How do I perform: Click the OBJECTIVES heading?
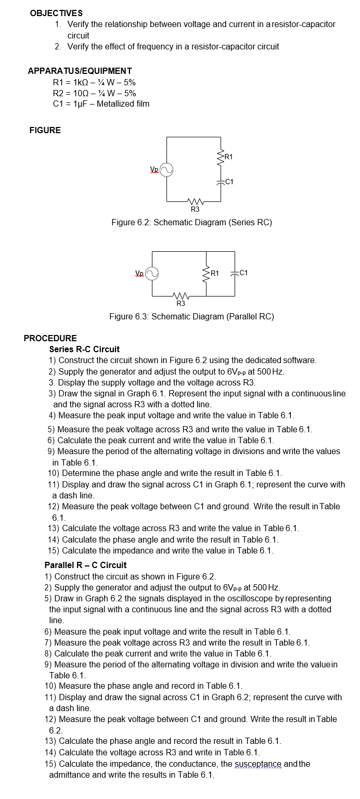click(x=56, y=12)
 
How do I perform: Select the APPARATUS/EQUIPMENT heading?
click(x=80, y=71)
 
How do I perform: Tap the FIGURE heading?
click(x=45, y=130)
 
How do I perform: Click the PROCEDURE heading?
click(x=50, y=338)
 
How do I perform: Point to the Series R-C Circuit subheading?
click(x=84, y=349)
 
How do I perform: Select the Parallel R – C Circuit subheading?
click(x=85, y=565)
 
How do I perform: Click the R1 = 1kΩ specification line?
click(x=94, y=82)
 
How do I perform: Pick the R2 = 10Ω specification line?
click(x=94, y=93)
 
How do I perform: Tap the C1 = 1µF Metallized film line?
click(x=101, y=104)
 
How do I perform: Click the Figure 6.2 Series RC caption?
click(x=191, y=223)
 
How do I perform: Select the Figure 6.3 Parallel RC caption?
click(x=191, y=316)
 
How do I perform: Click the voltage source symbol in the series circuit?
click(x=166, y=170)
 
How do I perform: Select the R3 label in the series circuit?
click(x=195, y=209)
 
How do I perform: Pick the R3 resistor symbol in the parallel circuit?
click(x=180, y=295)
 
